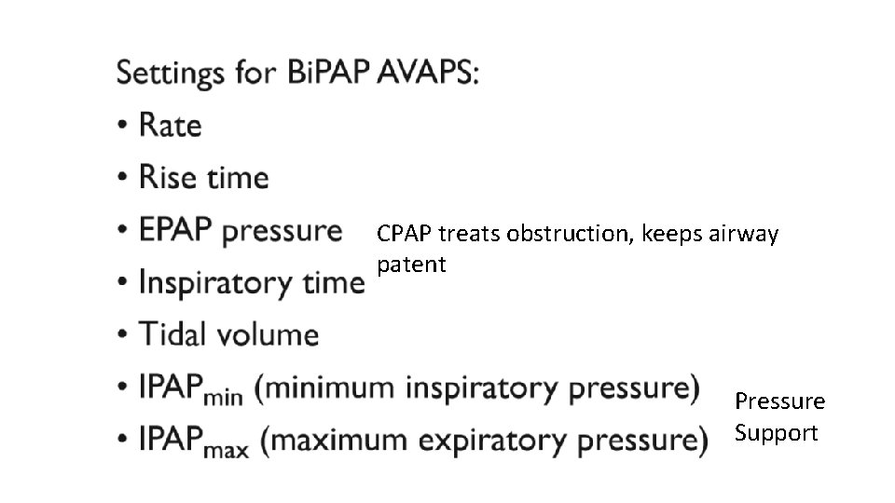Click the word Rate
pos(171,125)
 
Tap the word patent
pos(412,265)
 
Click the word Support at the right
pos(776,433)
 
